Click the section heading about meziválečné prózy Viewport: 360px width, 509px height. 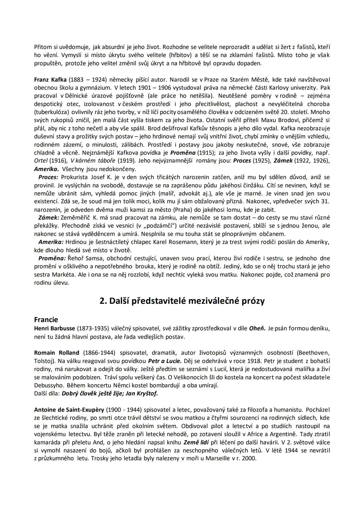tap(182, 301)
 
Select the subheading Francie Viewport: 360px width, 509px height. tap(46, 320)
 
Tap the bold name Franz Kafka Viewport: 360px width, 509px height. tap(51, 80)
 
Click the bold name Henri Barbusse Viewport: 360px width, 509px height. tap(55, 328)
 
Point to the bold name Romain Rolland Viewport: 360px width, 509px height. tap(57, 353)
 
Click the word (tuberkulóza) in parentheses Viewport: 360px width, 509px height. tap(51, 112)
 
